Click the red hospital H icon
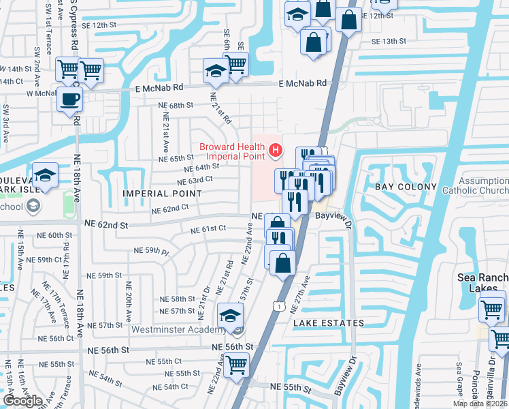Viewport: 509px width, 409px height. pos(275,149)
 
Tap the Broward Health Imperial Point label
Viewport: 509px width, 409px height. pos(231,151)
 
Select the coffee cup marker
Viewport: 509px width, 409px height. pos(69,100)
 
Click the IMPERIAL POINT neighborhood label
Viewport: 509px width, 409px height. pos(161,194)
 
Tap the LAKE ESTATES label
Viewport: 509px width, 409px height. pos(329,322)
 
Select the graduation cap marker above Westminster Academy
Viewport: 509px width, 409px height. pos(231,316)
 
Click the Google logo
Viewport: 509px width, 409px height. pos(22,401)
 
